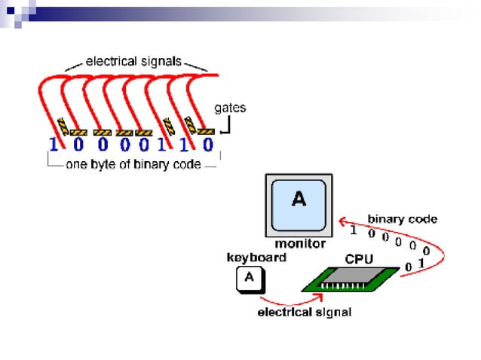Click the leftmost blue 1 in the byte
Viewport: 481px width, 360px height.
(54, 144)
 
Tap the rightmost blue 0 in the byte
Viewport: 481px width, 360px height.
(209, 144)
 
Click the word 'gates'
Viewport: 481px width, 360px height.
(230, 108)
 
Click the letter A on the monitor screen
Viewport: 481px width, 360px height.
(299, 199)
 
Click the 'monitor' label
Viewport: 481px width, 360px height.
(299, 243)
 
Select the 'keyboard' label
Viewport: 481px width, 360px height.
(256, 258)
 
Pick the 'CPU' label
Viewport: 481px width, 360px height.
(359, 258)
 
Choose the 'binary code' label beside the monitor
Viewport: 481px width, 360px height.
(402, 219)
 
